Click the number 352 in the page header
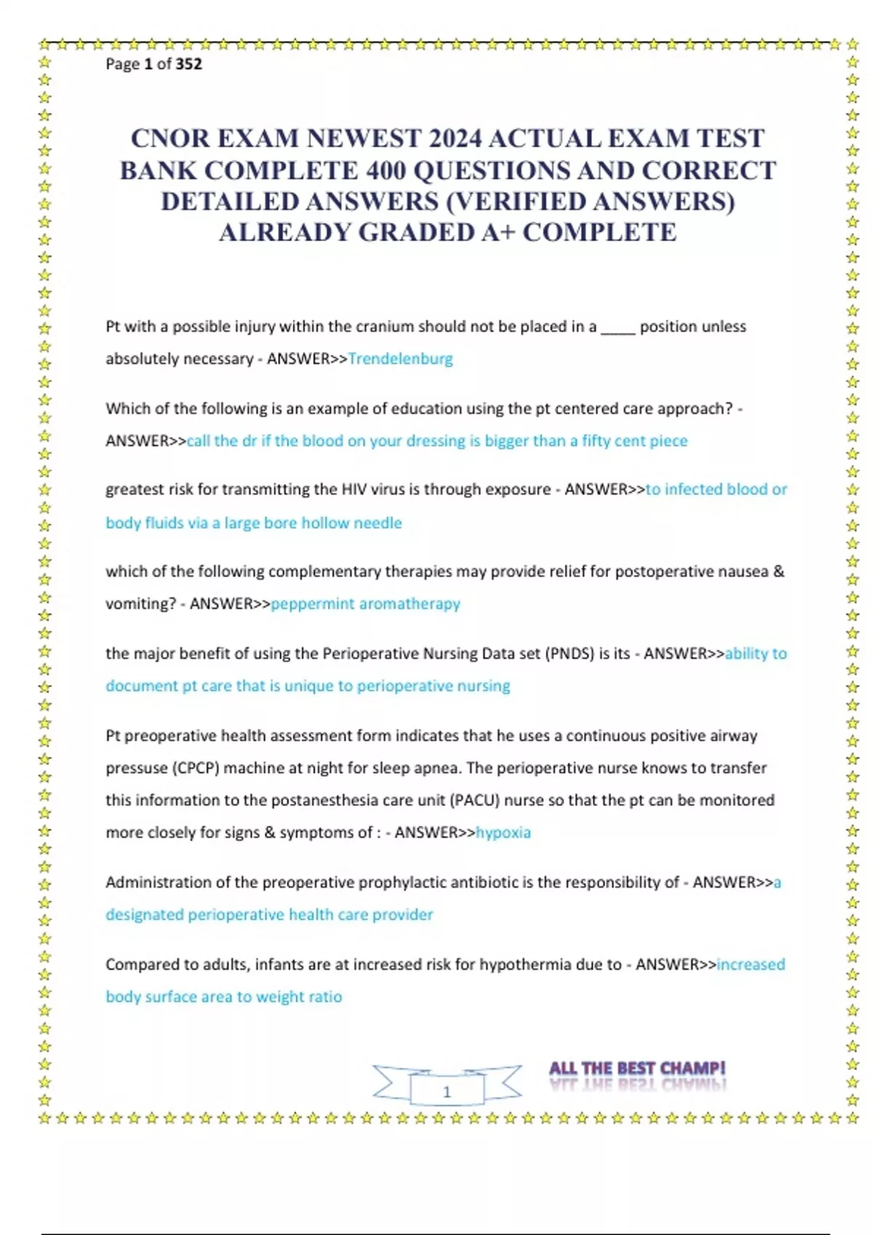click(x=189, y=64)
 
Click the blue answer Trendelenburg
click(x=400, y=359)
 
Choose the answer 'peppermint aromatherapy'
click(x=366, y=604)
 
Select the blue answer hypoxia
click(x=503, y=833)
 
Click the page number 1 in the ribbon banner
click(x=447, y=1091)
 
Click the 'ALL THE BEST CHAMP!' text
click(x=637, y=1069)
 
